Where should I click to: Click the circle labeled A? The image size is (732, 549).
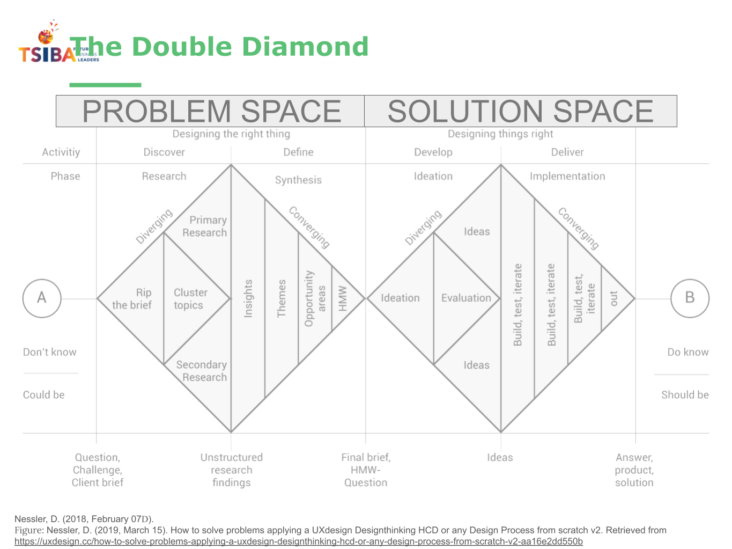[x=42, y=298]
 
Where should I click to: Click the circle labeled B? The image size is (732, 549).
[x=690, y=298]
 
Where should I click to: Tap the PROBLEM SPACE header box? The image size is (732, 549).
[x=210, y=111]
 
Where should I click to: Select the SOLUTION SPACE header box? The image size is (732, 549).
[x=520, y=111]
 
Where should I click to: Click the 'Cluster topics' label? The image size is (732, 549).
[x=190, y=299]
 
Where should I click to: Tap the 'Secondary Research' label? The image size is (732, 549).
[x=202, y=371]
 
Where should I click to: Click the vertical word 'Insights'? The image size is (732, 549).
[x=248, y=298]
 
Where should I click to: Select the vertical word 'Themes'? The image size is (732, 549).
[x=282, y=298]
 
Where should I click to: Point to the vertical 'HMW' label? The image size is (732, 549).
[x=343, y=298]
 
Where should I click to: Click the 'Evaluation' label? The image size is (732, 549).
[x=466, y=298]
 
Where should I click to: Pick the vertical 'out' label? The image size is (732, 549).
[x=613, y=298]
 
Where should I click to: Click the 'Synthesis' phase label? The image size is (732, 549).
[x=298, y=180]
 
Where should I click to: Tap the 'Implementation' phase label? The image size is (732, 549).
[x=567, y=176]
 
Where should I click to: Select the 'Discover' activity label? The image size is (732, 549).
[x=164, y=152]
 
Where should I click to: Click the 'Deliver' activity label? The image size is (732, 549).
[x=567, y=152]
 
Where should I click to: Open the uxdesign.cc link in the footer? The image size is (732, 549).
[x=298, y=541]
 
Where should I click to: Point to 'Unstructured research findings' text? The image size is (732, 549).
[x=232, y=470]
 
